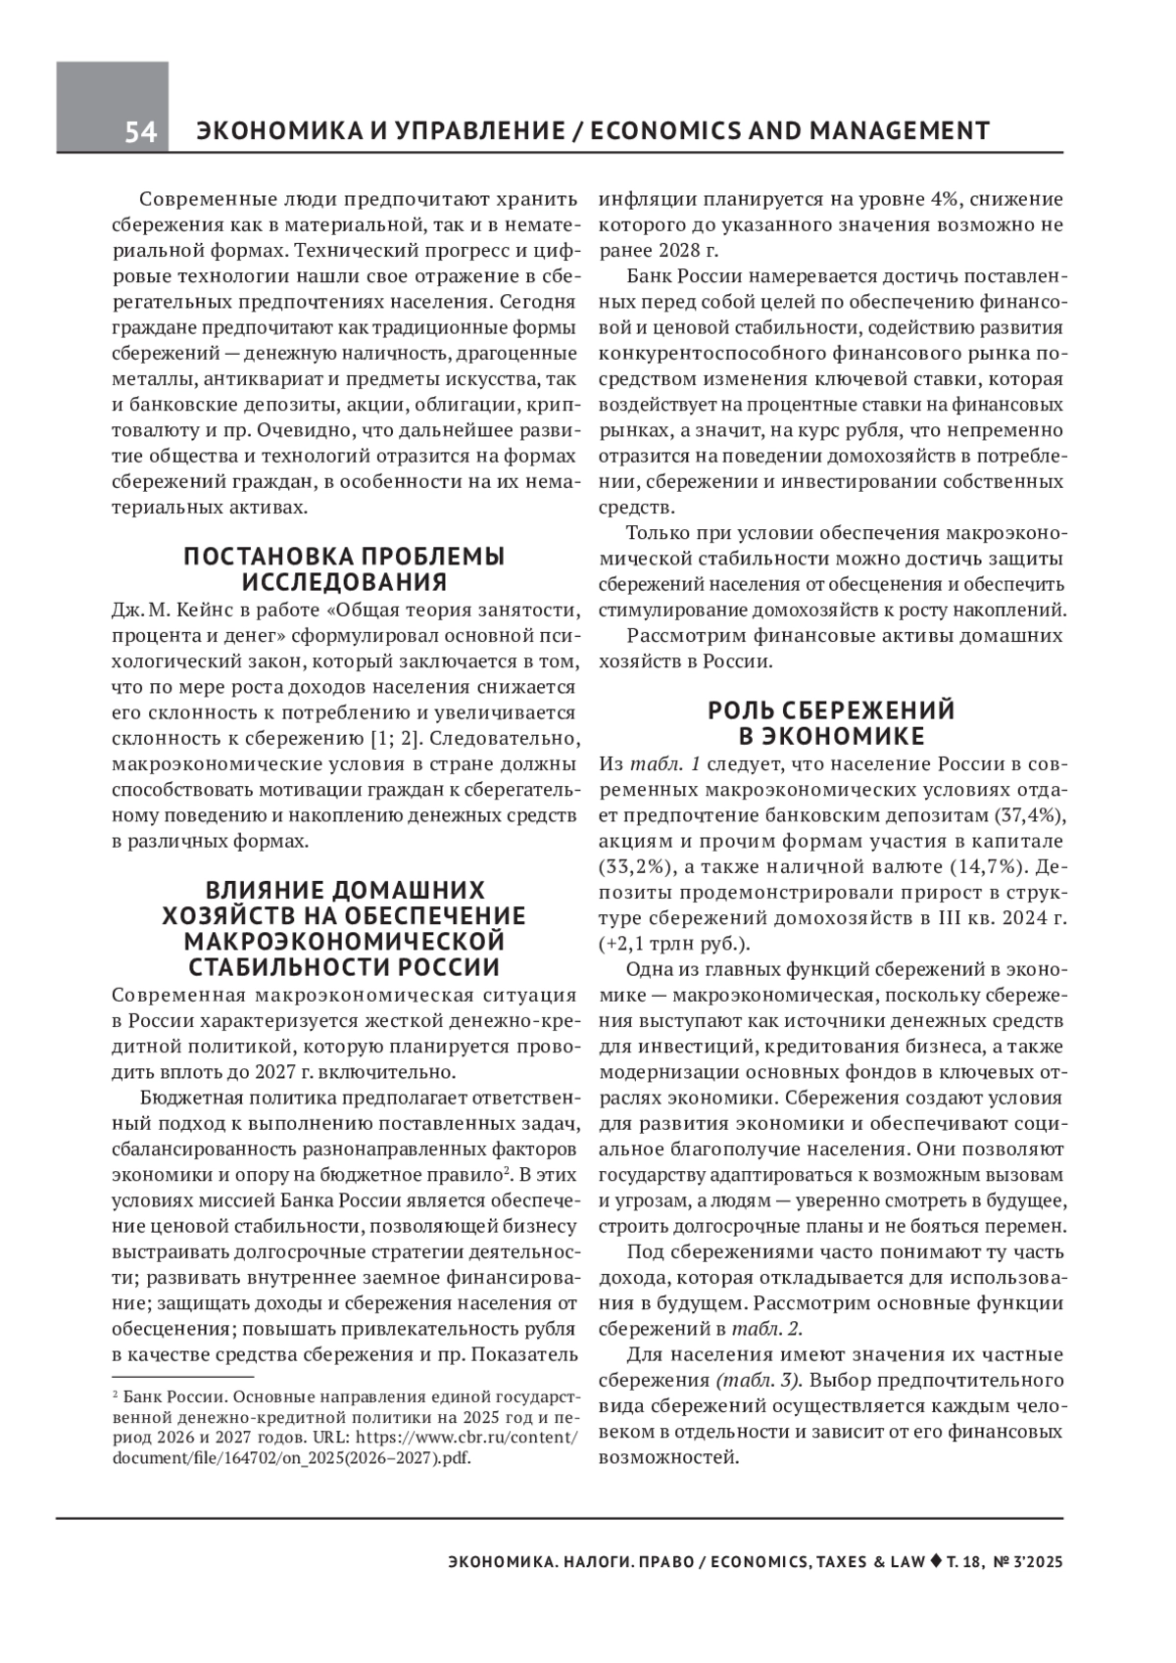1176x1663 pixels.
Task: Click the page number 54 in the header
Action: pos(140,132)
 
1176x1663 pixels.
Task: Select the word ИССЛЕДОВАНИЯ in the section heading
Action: pos(344,582)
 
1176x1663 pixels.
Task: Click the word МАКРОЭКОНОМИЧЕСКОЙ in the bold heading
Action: pos(344,942)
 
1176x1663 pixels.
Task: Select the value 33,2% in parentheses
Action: pos(633,866)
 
